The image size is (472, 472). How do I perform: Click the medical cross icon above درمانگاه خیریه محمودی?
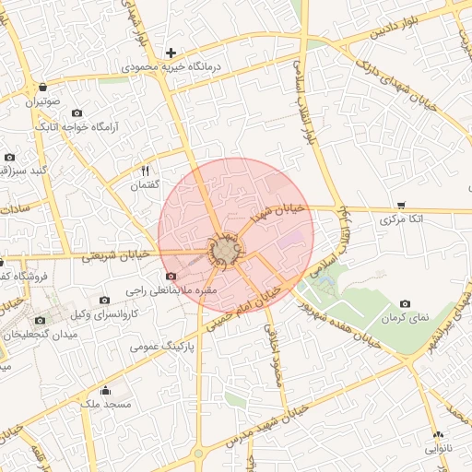pos(170,53)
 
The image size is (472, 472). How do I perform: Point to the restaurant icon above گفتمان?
pos(145,171)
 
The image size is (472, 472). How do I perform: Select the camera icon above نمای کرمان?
pos(405,303)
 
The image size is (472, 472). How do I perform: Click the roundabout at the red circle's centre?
pos(224,251)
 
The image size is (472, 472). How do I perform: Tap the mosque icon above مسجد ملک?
pos(105,389)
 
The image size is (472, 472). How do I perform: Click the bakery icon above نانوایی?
pos(438,434)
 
